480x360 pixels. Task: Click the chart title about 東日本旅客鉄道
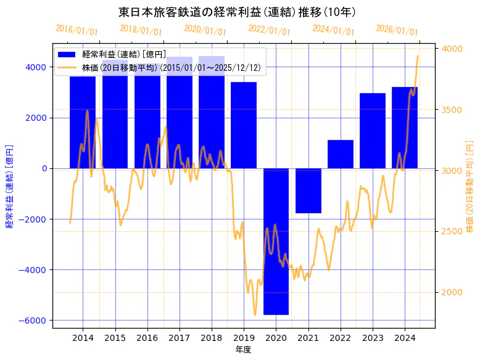237,12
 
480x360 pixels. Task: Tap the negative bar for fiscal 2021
308,190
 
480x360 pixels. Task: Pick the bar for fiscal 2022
341,154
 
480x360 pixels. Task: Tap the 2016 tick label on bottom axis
147,337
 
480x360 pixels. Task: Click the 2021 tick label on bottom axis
308,337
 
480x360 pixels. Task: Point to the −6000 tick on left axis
35,321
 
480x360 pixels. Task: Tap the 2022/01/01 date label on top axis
269,30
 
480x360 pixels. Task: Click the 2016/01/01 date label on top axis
77,30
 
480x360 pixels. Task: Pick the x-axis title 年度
244,350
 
